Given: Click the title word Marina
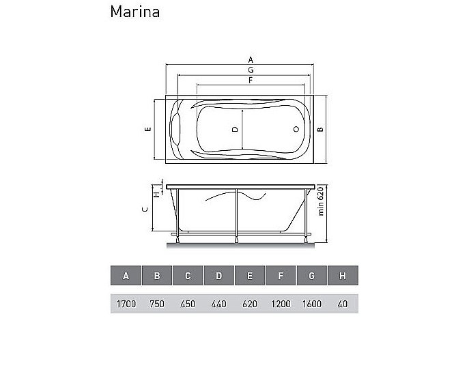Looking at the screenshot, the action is point(135,12).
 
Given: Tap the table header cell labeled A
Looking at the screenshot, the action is point(126,275).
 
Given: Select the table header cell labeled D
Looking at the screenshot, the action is point(219,275).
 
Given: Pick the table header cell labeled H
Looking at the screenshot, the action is point(343,275).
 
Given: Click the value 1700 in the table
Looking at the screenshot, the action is point(126,304).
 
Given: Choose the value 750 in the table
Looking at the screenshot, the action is point(157,304).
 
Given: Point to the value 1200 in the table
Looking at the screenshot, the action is point(281,304).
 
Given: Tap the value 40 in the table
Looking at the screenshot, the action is point(343,304).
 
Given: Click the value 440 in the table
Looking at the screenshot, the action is point(219,304).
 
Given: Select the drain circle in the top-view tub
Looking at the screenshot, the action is point(296,129).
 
